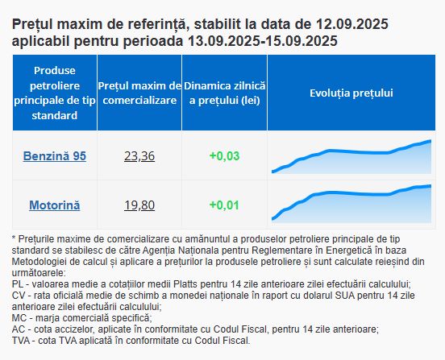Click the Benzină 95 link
point(55,156)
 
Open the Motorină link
point(55,205)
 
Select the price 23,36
point(139,156)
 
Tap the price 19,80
point(139,205)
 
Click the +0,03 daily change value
point(224,156)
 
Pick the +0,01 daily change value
point(224,205)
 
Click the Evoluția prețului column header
point(351,93)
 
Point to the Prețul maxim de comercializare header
point(139,93)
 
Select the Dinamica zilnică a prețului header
point(224,93)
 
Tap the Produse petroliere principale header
point(55,93)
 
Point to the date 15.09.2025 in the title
point(302,41)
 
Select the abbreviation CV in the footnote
point(19,296)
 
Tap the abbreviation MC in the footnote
point(19,318)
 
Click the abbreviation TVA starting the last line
point(21,341)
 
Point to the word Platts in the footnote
point(186,284)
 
